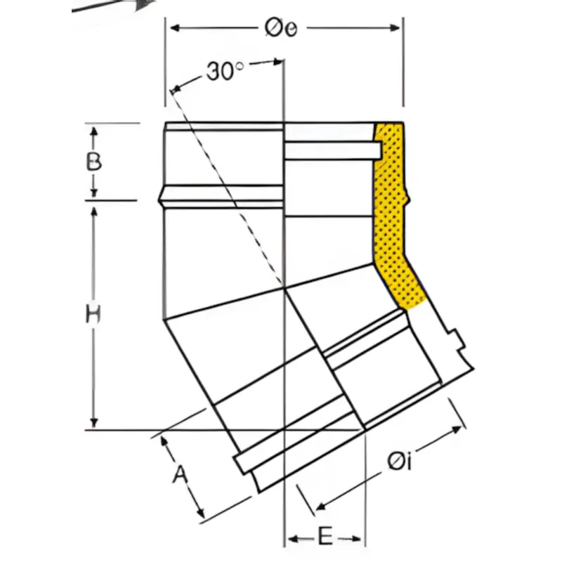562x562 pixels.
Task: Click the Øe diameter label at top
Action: (281, 28)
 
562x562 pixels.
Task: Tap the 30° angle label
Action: (225, 71)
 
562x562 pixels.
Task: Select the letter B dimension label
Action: (94, 162)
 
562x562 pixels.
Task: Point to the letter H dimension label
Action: (93, 314)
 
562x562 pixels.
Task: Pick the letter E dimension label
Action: (325, 537)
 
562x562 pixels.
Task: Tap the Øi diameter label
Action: (399, 462)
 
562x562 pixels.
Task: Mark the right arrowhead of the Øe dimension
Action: (395, 28)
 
